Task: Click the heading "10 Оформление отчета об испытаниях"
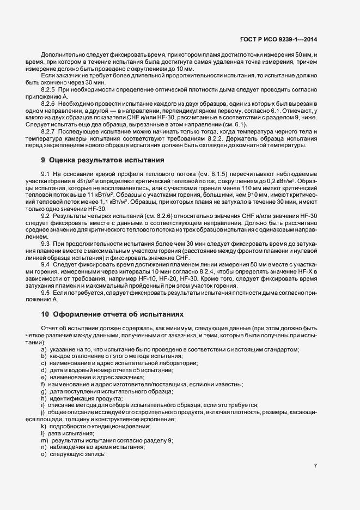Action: pyautogui.click(x=113, y=314)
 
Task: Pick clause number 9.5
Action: pyautogui.click(x=45, y=293)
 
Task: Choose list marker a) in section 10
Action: pyautogui.click(x=43, y=349)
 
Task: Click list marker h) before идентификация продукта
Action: pyautogui.click(x=43, y=398)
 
